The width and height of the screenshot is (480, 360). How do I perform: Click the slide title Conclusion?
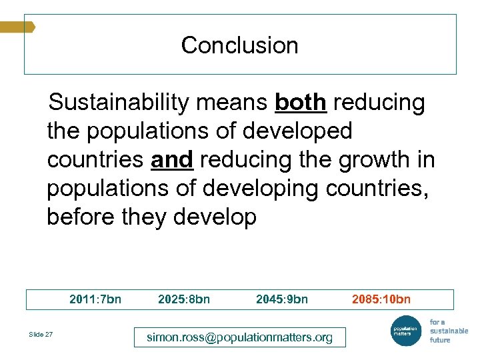pos(239,45)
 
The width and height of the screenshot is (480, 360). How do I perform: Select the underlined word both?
pos(300,103)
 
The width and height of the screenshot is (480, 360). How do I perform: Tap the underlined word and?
pos(172,160)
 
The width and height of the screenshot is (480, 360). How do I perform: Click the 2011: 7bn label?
pos(95,299)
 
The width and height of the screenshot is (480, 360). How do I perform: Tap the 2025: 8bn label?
pos(184,299)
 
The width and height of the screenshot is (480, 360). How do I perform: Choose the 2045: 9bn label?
pos(282,299)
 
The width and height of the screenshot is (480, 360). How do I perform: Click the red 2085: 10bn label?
pos(381,299)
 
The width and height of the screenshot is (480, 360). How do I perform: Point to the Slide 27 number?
pos(41,334)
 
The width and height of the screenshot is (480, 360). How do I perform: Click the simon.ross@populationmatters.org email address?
pos(239,337)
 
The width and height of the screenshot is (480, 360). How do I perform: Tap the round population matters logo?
pos(405,331)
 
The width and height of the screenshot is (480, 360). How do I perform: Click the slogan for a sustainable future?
pos(449,331)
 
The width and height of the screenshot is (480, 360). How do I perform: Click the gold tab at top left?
pos(17,27)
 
